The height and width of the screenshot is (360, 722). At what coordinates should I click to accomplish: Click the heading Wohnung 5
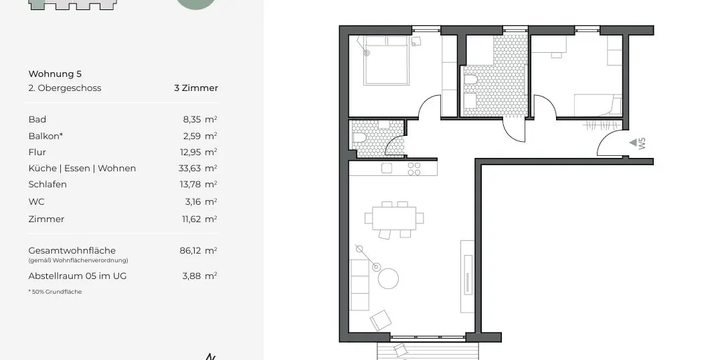coord(55,74)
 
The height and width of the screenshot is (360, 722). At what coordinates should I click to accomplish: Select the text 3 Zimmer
coord(195,88)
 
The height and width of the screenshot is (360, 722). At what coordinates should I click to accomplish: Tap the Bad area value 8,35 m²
coord(199,119)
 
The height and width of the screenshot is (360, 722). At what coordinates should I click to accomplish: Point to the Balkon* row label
coord(46,136)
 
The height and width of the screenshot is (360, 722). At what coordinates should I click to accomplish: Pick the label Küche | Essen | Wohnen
coord(82,168)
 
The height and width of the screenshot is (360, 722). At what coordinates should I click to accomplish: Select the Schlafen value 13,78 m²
coord(199,184)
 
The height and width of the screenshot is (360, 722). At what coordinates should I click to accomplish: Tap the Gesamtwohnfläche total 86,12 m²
coord(199,250)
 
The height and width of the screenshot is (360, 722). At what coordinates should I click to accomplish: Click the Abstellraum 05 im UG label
coord(77,276)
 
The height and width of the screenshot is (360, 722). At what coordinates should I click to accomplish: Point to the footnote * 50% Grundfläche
coord(55,292)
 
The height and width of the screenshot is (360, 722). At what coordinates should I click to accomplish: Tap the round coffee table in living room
coord(388,278)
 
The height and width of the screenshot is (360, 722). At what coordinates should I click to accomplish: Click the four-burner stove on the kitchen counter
coord(414,168)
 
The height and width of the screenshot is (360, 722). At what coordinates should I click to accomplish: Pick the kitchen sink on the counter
coord(387,168)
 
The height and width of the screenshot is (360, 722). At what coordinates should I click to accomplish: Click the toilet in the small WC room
coord(359,139)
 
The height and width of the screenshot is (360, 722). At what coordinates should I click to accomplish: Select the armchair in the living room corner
coord(381,320)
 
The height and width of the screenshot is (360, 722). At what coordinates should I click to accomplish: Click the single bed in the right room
coord(598,105)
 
